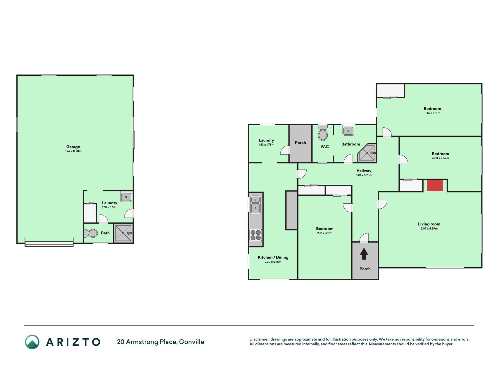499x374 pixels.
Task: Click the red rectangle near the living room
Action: click(435, 186)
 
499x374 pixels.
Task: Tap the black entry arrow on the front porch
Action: click(364, 254)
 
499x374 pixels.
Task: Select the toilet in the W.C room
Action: click(323, 133)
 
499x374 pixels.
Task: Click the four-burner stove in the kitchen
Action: click(255, 235)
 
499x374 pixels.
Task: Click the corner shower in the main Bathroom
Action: click(367, 153)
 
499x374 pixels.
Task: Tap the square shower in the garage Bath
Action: click(123, 233)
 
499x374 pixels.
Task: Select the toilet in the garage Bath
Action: click(91, 233)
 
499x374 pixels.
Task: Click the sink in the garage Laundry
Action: click(126, 197)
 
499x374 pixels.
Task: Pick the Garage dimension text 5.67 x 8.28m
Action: click(73, 151)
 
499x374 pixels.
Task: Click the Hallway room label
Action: click(364, 171)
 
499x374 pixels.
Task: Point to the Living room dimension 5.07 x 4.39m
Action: click(429, 228)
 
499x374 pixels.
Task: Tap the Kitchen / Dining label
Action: click(273, 257)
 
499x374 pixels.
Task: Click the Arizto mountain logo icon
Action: click(32, 342)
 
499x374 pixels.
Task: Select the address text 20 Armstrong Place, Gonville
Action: click(160, 342)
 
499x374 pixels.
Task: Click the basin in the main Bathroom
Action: click(348, 131)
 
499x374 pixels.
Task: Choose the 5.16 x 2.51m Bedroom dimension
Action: click(432, 113)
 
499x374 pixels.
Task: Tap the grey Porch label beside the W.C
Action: click(301, 143)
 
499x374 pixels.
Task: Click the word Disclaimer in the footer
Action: click(259, 339)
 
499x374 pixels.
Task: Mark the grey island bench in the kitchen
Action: click(291, 210)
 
